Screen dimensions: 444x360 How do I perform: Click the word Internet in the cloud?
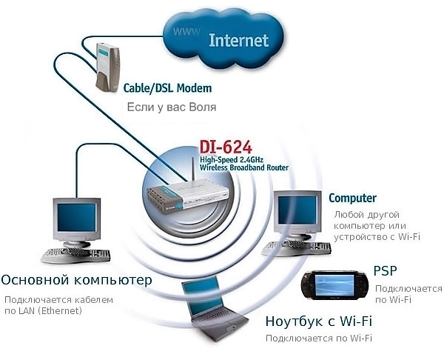tap(238, 41)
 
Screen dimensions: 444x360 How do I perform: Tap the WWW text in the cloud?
tap(186, 31)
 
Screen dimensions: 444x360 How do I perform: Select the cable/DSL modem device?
tap(107, 67)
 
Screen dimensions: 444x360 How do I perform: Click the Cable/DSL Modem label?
tap(168, 88)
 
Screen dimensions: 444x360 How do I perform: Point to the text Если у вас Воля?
tap(172, 107)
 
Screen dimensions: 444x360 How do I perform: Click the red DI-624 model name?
tap(226, 147)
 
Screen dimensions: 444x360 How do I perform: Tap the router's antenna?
tap(192, 171)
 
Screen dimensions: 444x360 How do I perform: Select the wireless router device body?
tap(187, 197)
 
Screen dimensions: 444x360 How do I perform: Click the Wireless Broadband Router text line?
tap(244, 167)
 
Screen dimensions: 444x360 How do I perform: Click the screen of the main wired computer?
tap(76, 218)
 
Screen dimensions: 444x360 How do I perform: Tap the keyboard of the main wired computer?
tap(76, 255)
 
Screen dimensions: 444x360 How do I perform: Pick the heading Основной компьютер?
tap(76, 280)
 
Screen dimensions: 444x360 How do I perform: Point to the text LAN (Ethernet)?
tap(50, 311)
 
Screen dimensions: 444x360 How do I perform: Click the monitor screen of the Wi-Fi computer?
tap(297, 210)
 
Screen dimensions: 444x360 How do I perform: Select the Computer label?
tap(352, 198)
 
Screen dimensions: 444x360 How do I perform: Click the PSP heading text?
tap(385, 270)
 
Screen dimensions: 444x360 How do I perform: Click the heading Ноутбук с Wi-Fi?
tap(318, 321)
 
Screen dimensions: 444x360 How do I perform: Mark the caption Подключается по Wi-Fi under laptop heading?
tap(318, 339)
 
